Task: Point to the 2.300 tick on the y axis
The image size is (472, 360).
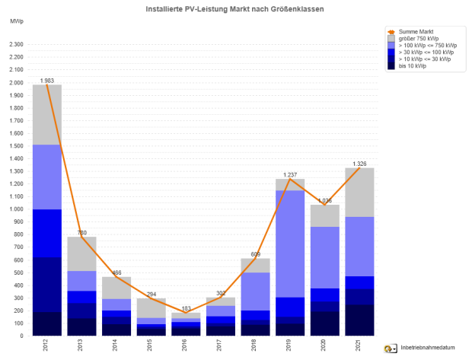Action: tap(16, 44)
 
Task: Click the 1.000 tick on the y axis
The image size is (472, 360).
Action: tap(16, 209)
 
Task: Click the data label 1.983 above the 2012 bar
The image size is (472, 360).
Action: tap(46, 80)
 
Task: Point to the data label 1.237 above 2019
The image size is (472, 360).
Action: tap(291, 174)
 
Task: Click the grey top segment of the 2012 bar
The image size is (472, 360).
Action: tap(46, 114)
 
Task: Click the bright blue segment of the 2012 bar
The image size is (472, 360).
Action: tap(46, 233)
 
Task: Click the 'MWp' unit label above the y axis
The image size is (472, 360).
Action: tap(17, 21)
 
